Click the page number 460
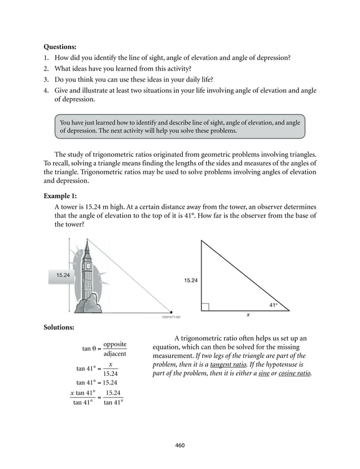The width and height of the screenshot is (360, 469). pos(180,445)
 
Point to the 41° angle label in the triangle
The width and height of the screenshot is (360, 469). pos(273,305)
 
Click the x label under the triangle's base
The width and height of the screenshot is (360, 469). pos(247,315)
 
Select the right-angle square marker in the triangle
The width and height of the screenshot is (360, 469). pos(205,306)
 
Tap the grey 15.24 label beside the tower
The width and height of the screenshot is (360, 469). pos(63,275)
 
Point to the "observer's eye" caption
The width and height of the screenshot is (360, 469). pos(171,317)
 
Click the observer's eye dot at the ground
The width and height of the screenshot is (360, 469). pos(171,311)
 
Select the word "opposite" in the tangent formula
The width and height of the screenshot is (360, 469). pos(115,344)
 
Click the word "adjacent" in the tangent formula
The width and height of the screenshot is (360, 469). pos(115,354)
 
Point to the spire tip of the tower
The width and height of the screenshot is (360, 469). pos(87,239)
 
